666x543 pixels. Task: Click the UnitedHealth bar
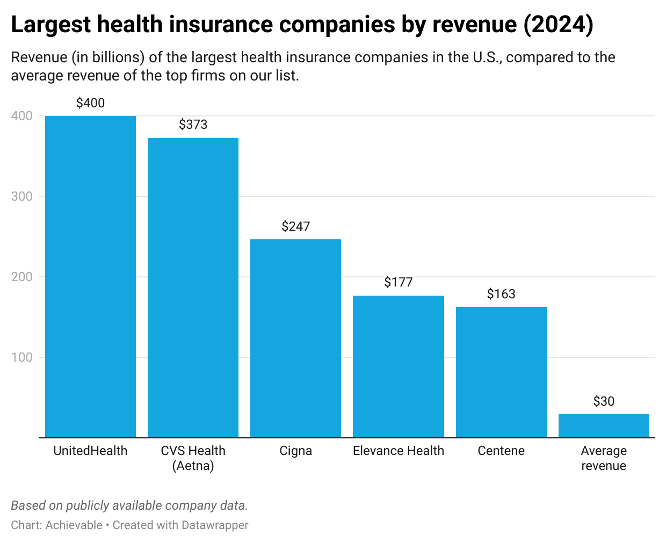point(90,276)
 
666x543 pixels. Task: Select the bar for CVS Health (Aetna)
point(193,288)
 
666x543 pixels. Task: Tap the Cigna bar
point(295,338)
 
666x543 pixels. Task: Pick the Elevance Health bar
point(398,366)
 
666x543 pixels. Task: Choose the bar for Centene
point(501,372)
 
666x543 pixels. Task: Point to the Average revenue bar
point(604,425)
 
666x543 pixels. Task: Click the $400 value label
point(90,103)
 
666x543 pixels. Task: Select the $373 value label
point(193,124)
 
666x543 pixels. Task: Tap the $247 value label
point(295,226)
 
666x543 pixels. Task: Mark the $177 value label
point(398,282)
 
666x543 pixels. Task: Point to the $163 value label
point(501,294)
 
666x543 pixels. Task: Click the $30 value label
point(604,401)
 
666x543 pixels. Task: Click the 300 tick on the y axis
point(22,196)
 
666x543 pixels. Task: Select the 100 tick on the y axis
point(22,357)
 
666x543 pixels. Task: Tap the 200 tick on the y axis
point(22,277)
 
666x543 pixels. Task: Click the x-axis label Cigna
point(295,451)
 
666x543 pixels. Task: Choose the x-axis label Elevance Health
point(398,451)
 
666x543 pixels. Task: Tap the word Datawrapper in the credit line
point(214,525)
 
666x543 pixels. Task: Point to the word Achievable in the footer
point(74,525)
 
